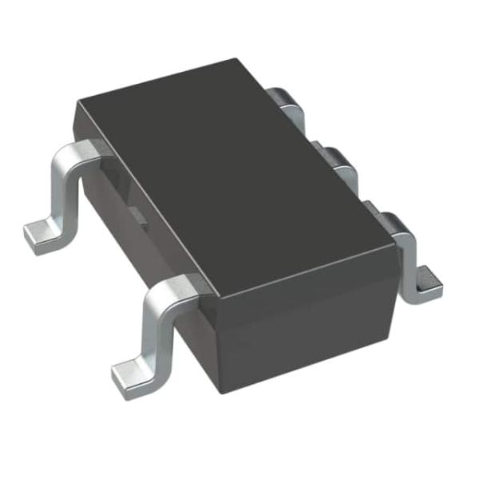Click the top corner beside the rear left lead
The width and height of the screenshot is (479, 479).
(x=77, y=102)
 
